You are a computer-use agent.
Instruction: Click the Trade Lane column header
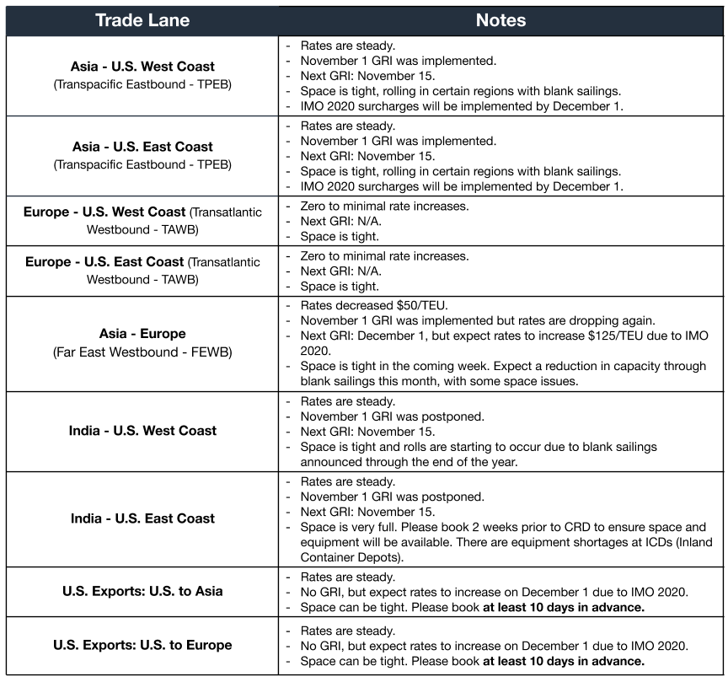pyautogui.click(x=142, y=20)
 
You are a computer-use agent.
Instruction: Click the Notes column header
pyautogui.click(x=500, y=20)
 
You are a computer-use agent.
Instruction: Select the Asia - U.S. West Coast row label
pyautogui.click(x=142, y=67)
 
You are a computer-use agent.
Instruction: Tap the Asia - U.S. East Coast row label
pyautogui.click(x=142, y=147)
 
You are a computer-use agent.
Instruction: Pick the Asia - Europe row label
pyautogui.click(x=142, y=334)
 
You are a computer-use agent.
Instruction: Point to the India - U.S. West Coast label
pyautogui.click(x=142, y=431)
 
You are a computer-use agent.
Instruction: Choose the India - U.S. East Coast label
pyautogui.click(x=142, y=518)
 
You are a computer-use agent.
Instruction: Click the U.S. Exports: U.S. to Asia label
pyautogui.click(x=142, y=591)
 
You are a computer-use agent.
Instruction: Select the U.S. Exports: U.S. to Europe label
pyautogui.click(x=142, y=646)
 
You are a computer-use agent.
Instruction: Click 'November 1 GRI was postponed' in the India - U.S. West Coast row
pyautogui.click(x=392, y=416)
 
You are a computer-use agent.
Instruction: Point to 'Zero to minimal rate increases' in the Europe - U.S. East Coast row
pyautogui.click(x=384, y=255)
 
